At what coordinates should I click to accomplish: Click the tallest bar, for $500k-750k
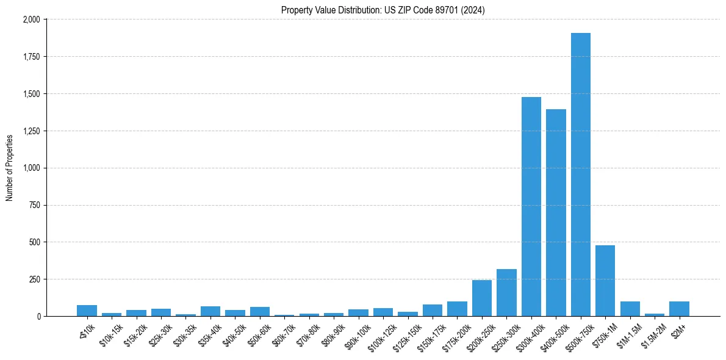click(580, 175)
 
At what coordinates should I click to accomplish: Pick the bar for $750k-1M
click(605, 281)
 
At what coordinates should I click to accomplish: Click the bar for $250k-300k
click(506, 293)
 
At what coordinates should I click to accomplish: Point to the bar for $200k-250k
click(482, 298)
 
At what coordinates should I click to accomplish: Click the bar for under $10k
click(87, 311)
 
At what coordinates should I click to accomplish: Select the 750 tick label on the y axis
click(34, 205)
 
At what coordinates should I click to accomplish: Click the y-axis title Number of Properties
click(10, 168)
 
